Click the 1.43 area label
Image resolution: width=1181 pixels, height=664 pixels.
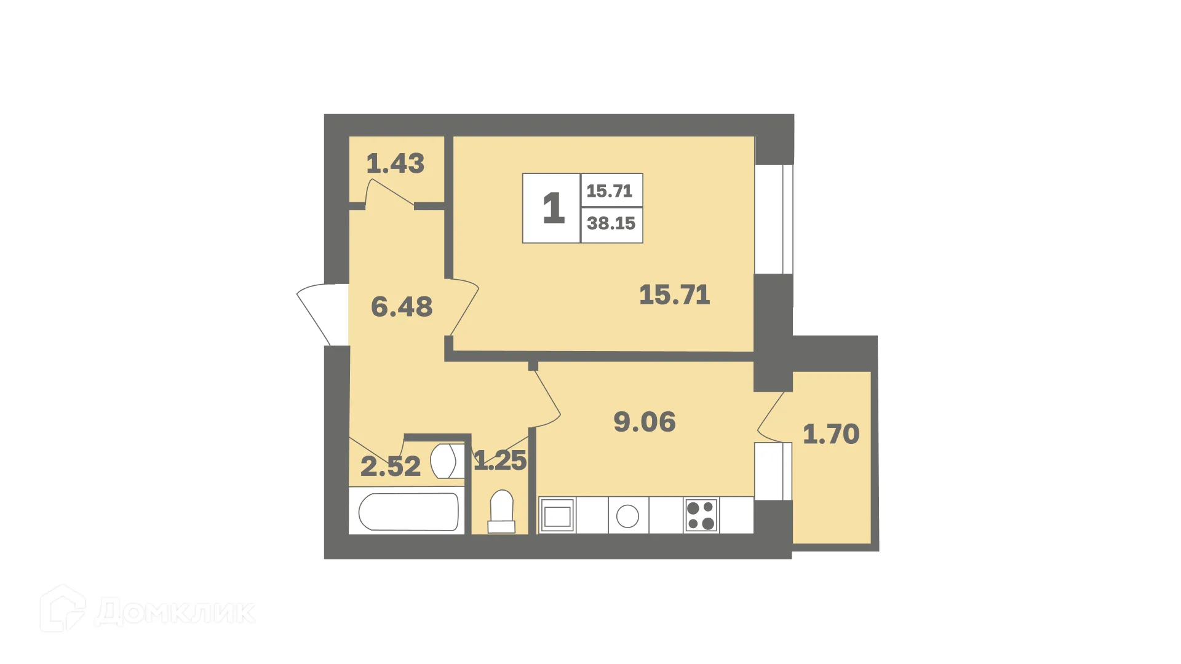click(x=396, y=164)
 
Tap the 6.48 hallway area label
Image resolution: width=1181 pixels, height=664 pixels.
click(x=402, y=307)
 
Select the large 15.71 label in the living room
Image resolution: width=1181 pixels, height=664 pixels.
click(x=674, y=295)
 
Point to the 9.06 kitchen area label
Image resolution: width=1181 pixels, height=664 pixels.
click(x=645, y=422)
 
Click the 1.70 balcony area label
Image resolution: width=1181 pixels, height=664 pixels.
click(x=831, y=434)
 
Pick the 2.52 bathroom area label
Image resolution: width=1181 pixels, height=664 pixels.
click(x=391, y=466)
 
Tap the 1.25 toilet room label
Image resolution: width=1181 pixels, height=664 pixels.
click(x=500, y=460)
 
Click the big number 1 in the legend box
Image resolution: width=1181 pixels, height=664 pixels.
click(x=553, y=208)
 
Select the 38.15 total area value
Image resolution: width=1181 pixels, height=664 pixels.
click(x=611, y=224)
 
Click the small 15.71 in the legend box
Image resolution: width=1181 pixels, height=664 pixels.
click(x=610, y=191)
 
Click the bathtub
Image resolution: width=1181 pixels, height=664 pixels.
click(x=408, y=511)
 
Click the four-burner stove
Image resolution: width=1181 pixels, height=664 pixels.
click(x=701, y=515)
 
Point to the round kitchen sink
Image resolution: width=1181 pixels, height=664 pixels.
click(x=627, y=516)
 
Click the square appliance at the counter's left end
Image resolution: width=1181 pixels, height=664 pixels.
click(x=557, y=516)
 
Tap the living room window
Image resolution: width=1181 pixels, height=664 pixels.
click(x=774, y=219)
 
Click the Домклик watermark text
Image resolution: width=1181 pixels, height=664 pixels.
click(x=175, y=612)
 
